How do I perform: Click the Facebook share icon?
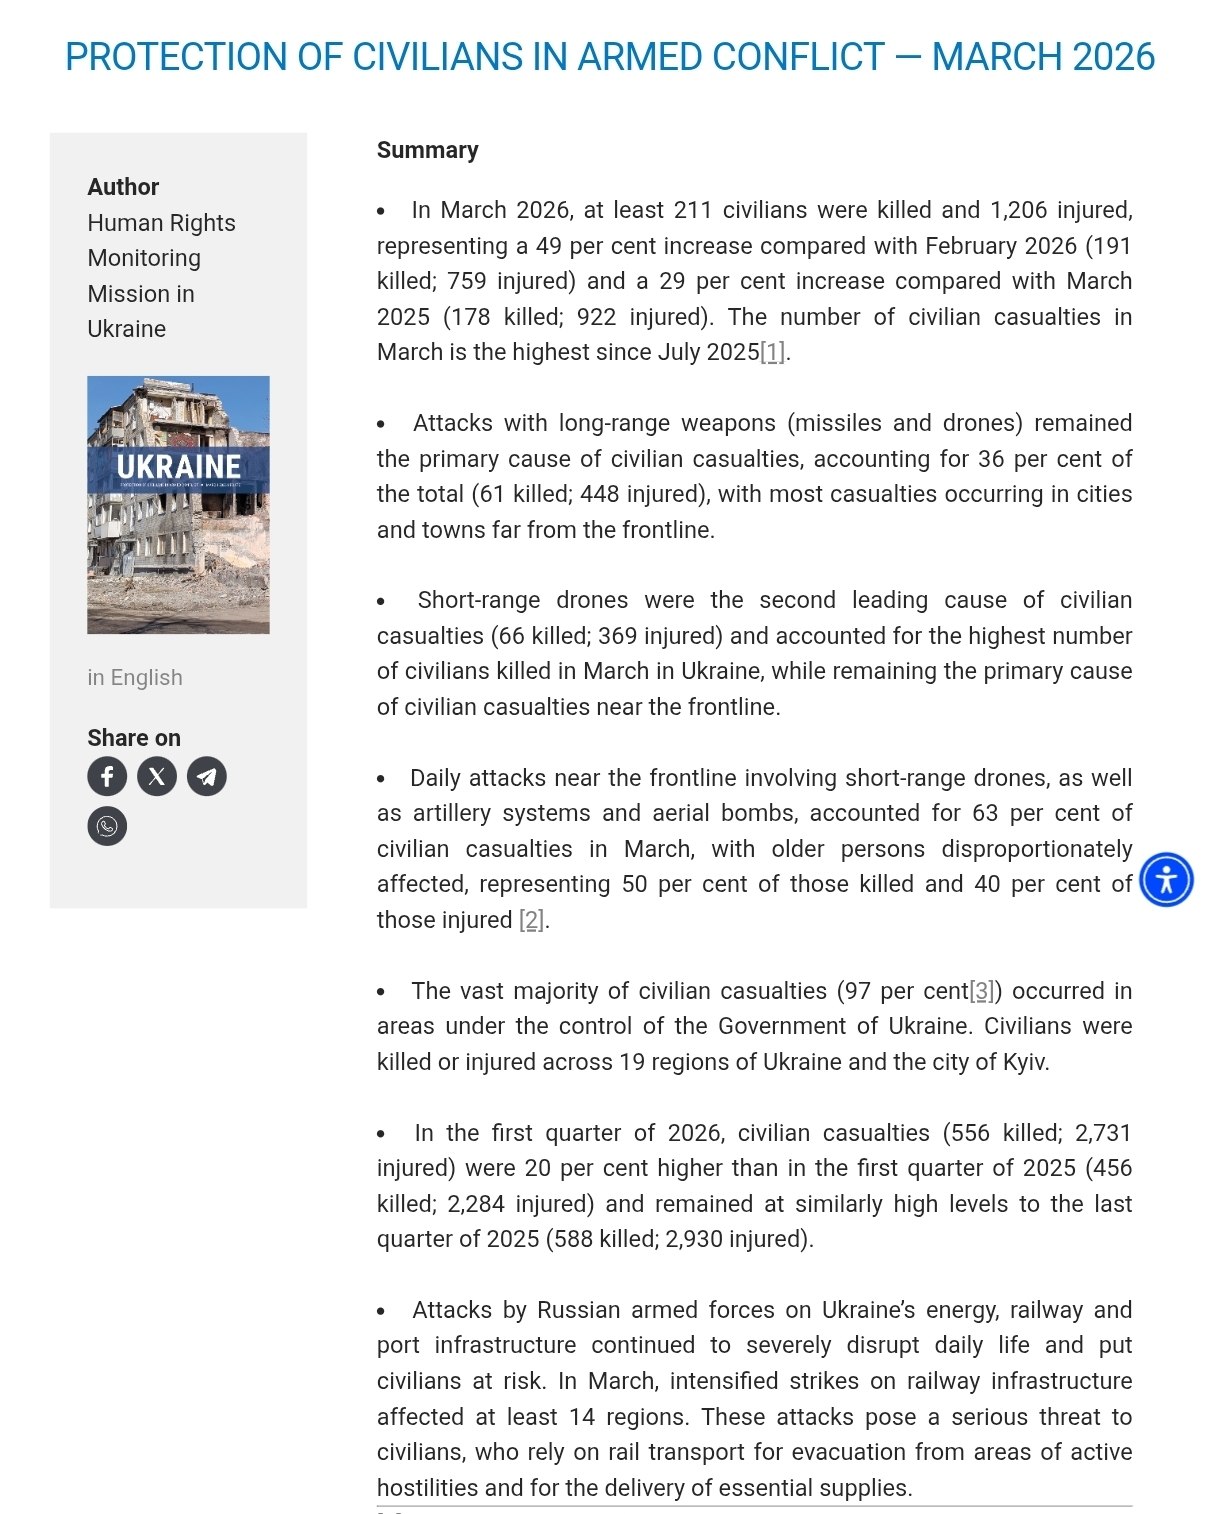[x=107, y=776]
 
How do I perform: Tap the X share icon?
[x=157, y=776]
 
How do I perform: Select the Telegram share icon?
[x=207, y=776]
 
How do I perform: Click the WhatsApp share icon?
[x=107, y=826]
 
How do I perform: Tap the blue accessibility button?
[x=1166, y=880]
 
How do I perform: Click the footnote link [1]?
[x=772, y=352]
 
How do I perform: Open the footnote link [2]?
[x=531, y=920]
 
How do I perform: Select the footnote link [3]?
[x=983, y=991]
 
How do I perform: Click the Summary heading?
[x=427, y=150]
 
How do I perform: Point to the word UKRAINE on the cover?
[x=179, y=467]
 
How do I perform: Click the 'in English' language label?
[x=135, y=677]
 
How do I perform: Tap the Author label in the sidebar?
[x=123, y=187]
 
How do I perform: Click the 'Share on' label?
[x=134, y=738]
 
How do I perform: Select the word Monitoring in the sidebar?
[x=144, y=258]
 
